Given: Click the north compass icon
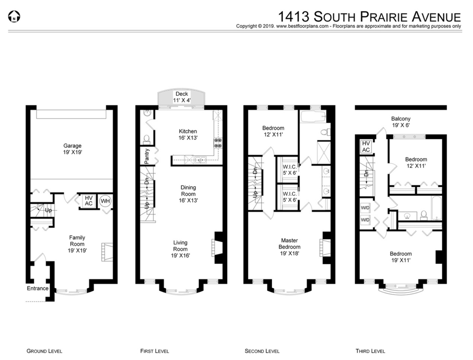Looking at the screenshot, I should (14, 16).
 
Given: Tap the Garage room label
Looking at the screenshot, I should (72, 149).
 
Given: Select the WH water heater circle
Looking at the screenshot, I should (105, 201).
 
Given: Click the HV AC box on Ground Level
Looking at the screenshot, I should (88, 201).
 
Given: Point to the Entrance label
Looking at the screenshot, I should (37, 288).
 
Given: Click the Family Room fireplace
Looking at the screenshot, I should (107, 252).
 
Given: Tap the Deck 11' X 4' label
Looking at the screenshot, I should (182, 97).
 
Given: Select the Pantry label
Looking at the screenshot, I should (147, 156).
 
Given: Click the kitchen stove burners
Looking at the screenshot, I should (218, 143).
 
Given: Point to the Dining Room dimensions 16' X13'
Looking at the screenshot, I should (188, 200).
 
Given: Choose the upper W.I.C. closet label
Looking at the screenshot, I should (289, 170).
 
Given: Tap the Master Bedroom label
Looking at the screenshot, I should (289, 244).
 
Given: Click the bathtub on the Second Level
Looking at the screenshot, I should (313, 117).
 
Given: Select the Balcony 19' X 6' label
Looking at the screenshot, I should (400, 122).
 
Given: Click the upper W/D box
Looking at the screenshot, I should (365, 208).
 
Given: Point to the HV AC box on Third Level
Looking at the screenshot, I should (366, 147).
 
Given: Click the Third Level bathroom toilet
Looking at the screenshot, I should (424, 215).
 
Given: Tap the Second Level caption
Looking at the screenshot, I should (262, 351).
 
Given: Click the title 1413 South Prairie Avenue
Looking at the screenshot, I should (369, 16).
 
